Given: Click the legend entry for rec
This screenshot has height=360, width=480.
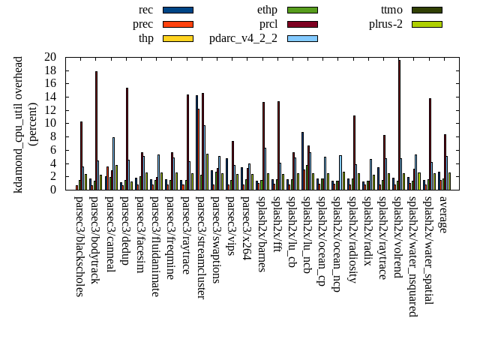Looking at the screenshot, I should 147,10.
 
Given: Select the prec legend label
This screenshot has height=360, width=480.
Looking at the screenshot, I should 143,24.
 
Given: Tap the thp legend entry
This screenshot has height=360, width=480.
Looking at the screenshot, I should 146,38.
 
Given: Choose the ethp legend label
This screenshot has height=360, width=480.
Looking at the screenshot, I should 267,10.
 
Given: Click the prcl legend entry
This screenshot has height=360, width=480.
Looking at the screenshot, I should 268,24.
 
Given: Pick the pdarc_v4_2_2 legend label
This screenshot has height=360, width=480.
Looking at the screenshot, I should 243,38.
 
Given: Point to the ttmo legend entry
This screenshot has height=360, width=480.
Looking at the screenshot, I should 391,10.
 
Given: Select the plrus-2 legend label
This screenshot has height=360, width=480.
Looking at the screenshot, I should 385,24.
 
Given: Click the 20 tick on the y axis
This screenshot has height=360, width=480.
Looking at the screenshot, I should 50,57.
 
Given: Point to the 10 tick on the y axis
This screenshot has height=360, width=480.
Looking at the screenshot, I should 50,123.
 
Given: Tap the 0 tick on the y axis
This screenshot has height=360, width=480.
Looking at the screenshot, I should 53,190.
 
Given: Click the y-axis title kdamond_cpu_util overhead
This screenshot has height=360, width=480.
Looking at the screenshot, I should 19,124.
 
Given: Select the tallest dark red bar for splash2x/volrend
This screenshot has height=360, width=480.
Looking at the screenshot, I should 399,124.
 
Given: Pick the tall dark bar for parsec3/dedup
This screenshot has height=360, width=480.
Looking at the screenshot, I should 127,139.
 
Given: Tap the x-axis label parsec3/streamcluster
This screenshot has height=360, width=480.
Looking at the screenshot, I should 202,247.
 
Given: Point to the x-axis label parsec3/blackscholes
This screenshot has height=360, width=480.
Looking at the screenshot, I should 80,246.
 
